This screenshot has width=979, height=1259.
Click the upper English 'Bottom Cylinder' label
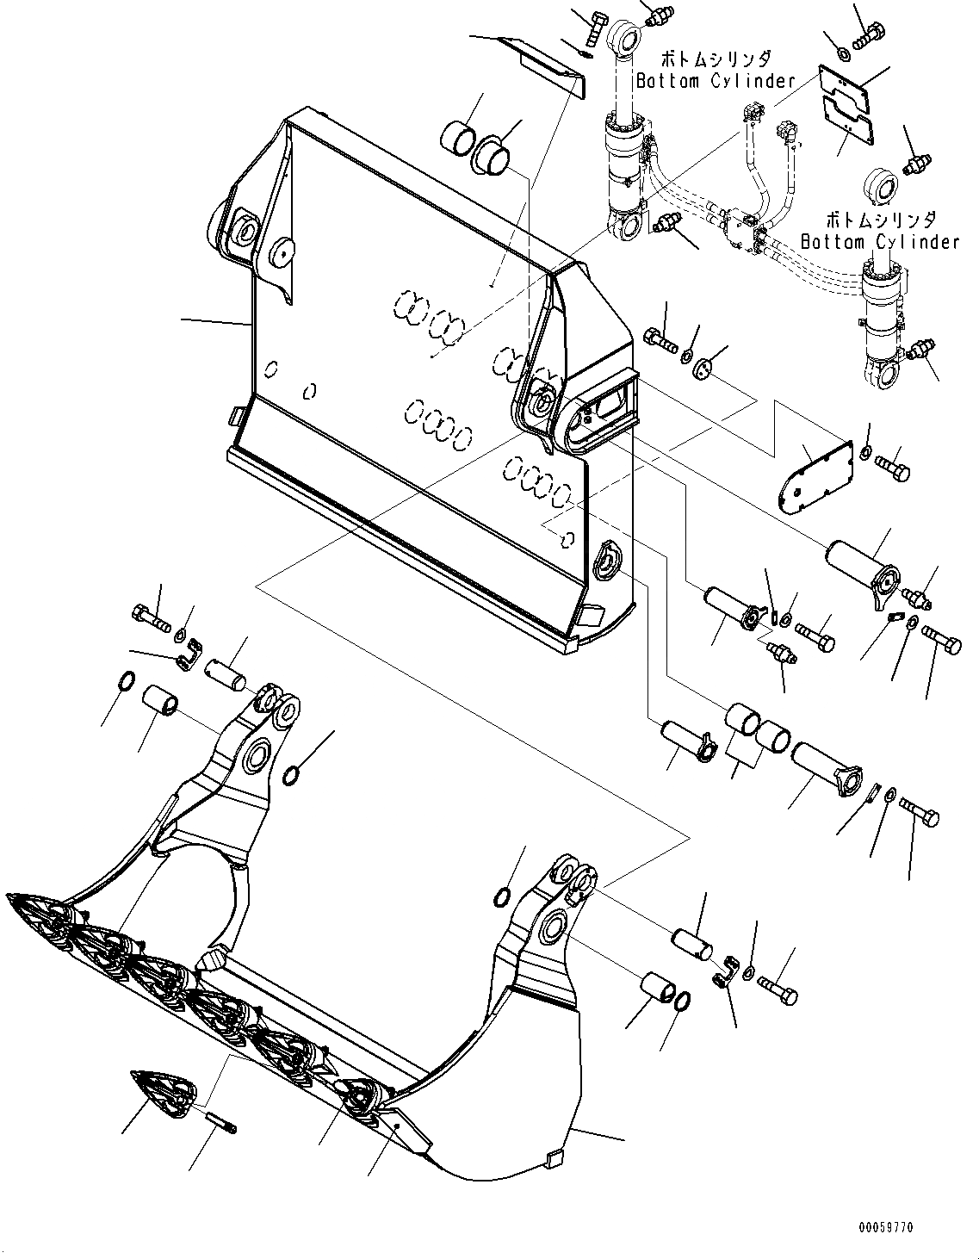click(x=716, y=81)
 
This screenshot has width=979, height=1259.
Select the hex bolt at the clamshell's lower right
click(x=778, y=991)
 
